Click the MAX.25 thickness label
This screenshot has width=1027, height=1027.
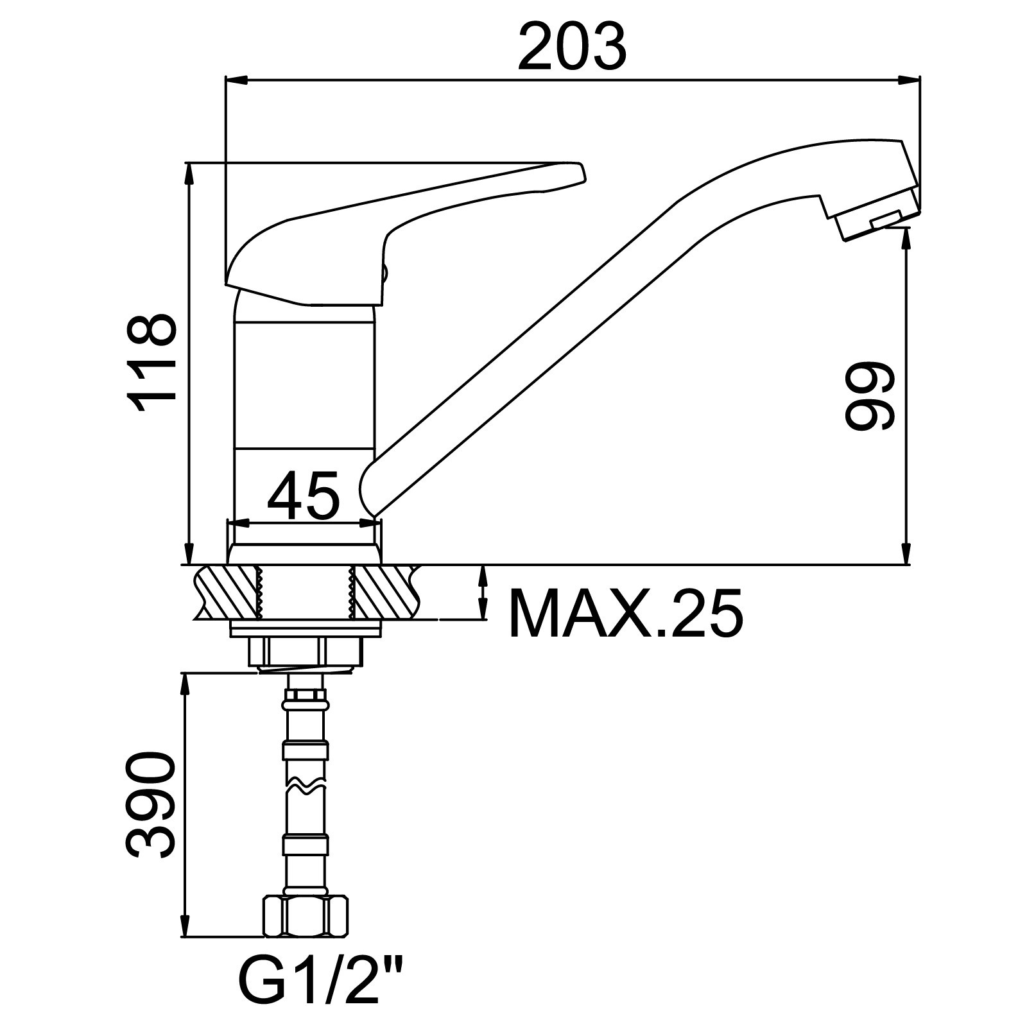(x=626, y=612)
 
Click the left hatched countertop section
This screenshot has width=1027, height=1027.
(x=225, y=592)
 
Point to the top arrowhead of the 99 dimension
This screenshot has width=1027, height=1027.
(x=906, y=238)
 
